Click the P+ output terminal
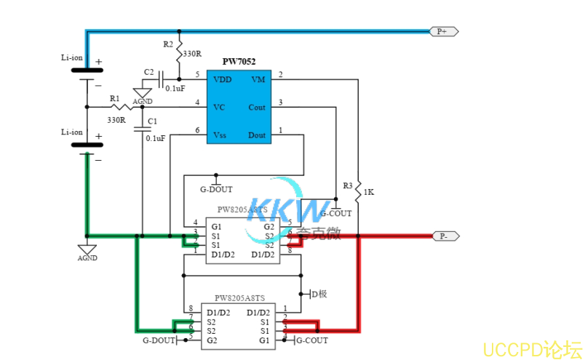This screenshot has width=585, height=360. [442, 31]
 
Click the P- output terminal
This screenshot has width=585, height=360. [442, 236]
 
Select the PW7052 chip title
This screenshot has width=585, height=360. [239, 62]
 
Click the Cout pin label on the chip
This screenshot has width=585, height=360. [256, 107]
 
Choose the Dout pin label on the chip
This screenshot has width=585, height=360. [256, 135]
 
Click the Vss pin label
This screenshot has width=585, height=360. [220, 135]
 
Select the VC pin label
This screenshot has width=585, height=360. [218, 107]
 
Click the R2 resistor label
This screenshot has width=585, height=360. [168, 44]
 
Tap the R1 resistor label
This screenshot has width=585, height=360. [114, 98]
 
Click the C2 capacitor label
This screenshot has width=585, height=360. [148, 72]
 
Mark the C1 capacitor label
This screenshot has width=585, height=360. [151, 121]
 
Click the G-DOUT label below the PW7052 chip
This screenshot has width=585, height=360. [216, 189]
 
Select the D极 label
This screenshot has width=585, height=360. [319, 294]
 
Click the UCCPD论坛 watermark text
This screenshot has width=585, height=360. [532, 348]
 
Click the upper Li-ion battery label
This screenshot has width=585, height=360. [72, 57]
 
